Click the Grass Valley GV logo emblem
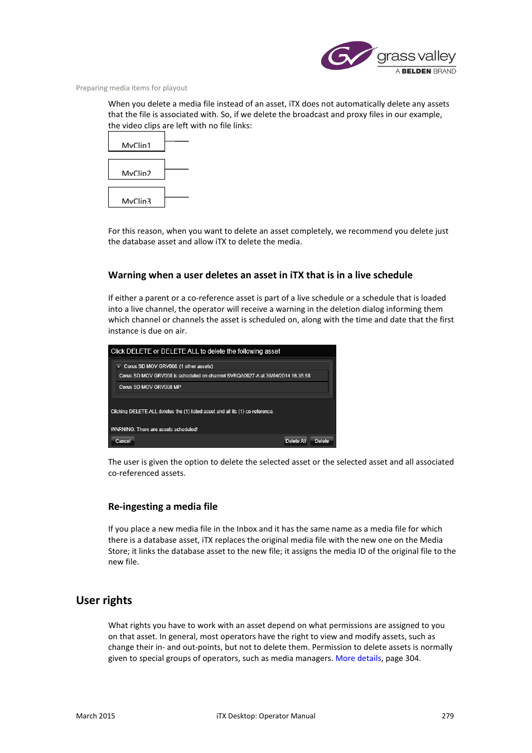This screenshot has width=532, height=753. click(346, 56)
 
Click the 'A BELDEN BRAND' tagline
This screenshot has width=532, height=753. click(425, 71)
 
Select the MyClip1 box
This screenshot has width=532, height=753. click(137, 142)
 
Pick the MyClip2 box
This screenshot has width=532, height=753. click(137, 170)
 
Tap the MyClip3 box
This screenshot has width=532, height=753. click(137, 197)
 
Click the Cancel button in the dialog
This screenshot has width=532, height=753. click(123, 441)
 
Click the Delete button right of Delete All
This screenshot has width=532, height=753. click(322, 441)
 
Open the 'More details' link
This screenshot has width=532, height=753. click(358, 658)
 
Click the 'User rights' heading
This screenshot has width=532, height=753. click(104, 600)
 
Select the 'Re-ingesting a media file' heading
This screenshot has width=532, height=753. click(163, 506)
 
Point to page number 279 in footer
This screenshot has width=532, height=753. click(448, 716)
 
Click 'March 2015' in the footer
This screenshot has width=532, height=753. click(95, 716)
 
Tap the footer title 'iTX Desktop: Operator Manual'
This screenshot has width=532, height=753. click(266, 716)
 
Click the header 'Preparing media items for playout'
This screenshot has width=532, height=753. click(132, 88)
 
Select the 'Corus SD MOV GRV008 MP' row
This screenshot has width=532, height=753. click(150, 387)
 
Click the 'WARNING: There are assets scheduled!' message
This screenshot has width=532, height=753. click(154, 429)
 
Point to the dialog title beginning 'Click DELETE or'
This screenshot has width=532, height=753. click(195, 351)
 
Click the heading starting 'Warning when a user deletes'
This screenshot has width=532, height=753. click(260, 275)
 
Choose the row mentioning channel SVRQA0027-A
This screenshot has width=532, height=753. click(215, 376)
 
